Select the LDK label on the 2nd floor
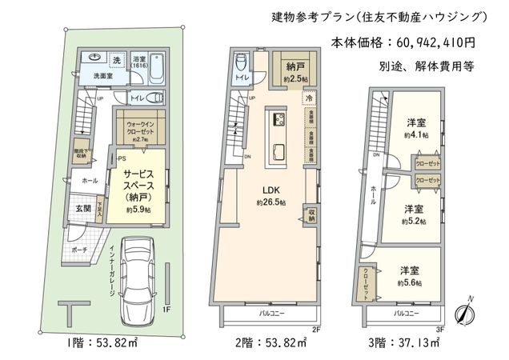(267, 191)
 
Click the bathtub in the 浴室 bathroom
(154, 68)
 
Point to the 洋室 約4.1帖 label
(415, 129)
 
